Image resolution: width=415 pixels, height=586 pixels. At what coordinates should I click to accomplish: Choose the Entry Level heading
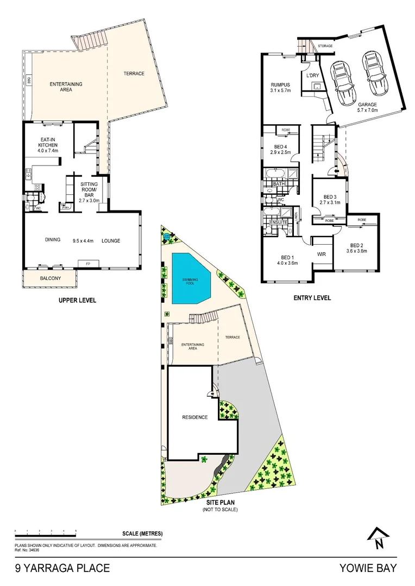[312, 298]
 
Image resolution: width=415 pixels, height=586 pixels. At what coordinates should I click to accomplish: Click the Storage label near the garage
[325, 46]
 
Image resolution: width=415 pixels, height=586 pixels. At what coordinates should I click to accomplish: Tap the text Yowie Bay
[368, 569]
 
